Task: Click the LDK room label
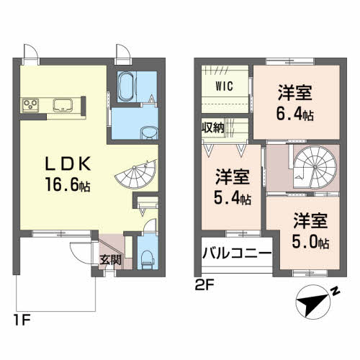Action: pyautogui.click(x=68, y=163)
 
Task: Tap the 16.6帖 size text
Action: pyautogui.click(x=68, y=186)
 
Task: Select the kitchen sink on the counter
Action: pyautogui.click(x=63, y=105)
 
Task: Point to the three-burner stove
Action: pyautogui.click(x=30, y=105)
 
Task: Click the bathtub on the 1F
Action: pyautogui.click(x=126, y=86)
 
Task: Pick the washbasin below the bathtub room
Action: pyautogui.click(x=149, y=132)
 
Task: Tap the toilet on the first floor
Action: pyautogui.click(x=148, y=260)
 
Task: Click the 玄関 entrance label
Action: pyautogui.click(x=110, y=260)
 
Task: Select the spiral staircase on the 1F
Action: pyautogui.click(x=136, y=174)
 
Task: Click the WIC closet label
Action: pyautogui.click(x=224, y=86)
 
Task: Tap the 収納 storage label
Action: pyautogui.click(x=212, y=127)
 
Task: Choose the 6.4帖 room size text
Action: pyautogui.click(x=295, y=114)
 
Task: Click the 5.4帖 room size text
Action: pyautogui.click(x=233, y=198)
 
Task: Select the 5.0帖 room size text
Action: pyautogui.click(x=310, y=242)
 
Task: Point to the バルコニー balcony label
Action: pyautogui.click(x=237, y=253)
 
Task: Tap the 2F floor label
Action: pyautogui.click(x=204, y=286)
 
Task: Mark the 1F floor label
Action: pyautogui.click(x=22, y=320)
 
